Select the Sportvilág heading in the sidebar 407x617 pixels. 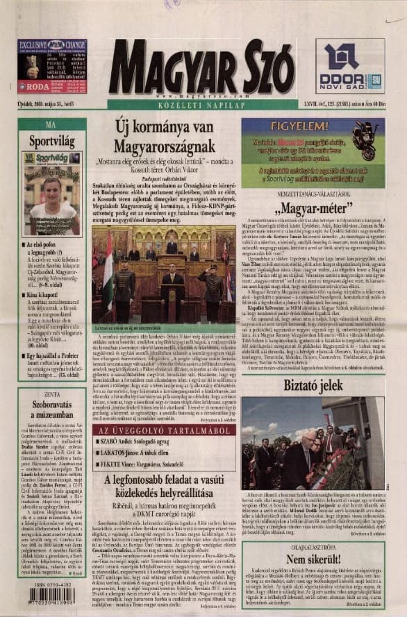[51, 140]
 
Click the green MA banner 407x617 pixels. [51, 124]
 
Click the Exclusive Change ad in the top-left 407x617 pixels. [52, 66]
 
